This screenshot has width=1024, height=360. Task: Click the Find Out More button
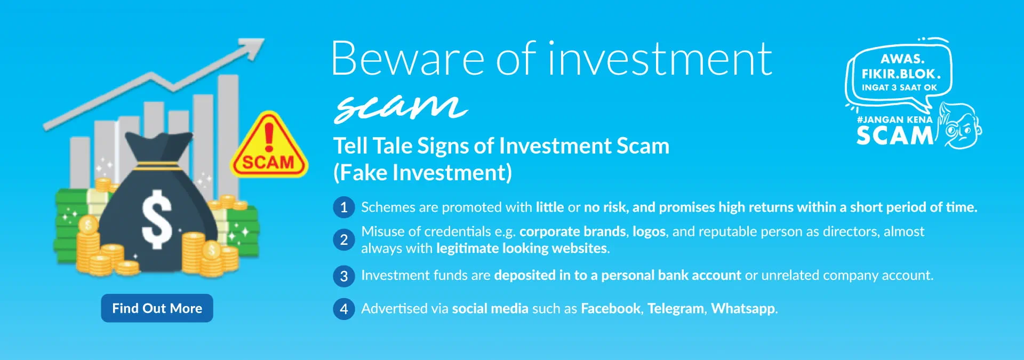point(157,308)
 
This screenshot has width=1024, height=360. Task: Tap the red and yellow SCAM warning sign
point(269,147)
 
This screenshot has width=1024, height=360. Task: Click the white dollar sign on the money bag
point(157,219)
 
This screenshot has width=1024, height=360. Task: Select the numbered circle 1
point(344,207)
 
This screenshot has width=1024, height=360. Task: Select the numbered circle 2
point(344,239)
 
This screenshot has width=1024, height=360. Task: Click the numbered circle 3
point(344,276)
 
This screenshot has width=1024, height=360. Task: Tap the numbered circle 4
point(344,309)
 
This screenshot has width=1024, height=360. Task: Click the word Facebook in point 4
point(611,308)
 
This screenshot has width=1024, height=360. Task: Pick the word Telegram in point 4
point(676,309)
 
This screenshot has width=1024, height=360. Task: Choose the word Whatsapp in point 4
point(743,309)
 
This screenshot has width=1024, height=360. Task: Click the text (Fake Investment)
point(422,173)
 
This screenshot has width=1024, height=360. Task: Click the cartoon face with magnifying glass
point(961,126)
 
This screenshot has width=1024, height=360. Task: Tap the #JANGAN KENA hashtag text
point(894,119)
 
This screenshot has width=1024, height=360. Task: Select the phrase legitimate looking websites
point(522,248)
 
